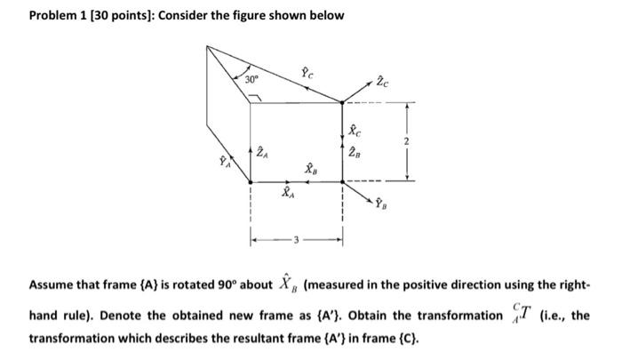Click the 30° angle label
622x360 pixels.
tap(256, 79)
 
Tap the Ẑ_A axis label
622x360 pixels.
tap(263, 153)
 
